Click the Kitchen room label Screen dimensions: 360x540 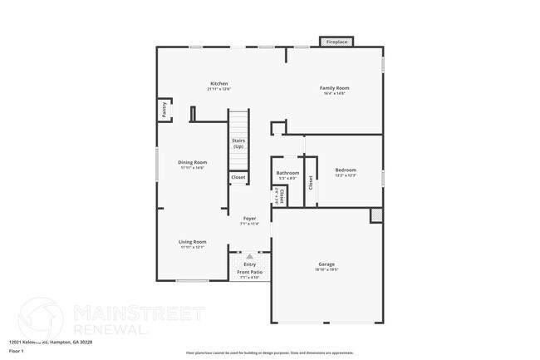[219, 83]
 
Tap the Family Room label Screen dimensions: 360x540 [335, 87]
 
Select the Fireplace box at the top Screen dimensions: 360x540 [336, 41]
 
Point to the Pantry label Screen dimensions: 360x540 [164, 110]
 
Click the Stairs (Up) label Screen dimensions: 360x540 [238, 144]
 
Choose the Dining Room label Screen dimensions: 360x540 [193, 162]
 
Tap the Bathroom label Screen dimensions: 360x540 [287, 173]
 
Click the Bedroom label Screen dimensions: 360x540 [345, 170]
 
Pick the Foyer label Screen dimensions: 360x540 [249, 219]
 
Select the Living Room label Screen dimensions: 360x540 [193, 242]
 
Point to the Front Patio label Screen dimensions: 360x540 [249, 272]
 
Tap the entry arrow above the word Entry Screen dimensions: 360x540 [249, 257]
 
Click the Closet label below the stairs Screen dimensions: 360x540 [238, 177]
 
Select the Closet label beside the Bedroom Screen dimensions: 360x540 [311, 183]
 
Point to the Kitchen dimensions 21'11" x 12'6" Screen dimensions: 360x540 [219, 89]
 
